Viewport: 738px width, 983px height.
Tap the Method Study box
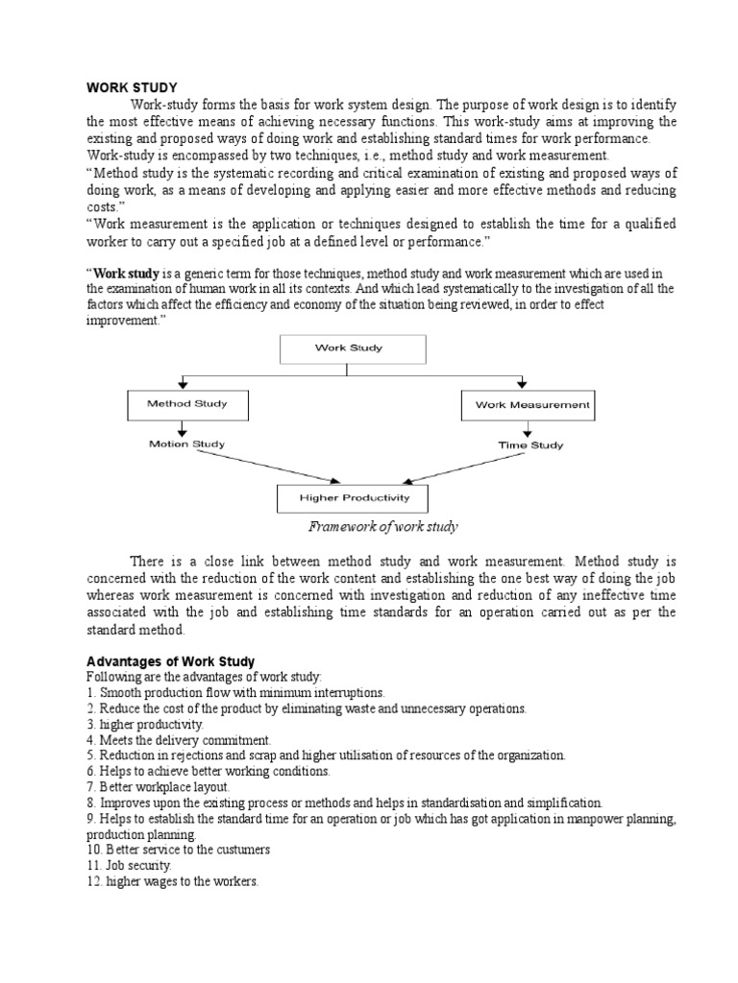click(187, 404)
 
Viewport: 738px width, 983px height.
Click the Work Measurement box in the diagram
click(528, 405)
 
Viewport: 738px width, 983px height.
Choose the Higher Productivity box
click(353, 498)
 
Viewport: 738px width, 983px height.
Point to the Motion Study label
click(187, 444)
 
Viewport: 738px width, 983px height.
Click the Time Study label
click(530, 445)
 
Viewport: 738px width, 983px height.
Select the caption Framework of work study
click(382, 527)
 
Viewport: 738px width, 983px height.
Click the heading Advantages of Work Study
click(171, 660)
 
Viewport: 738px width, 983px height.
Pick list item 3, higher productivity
click(145, 725)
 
